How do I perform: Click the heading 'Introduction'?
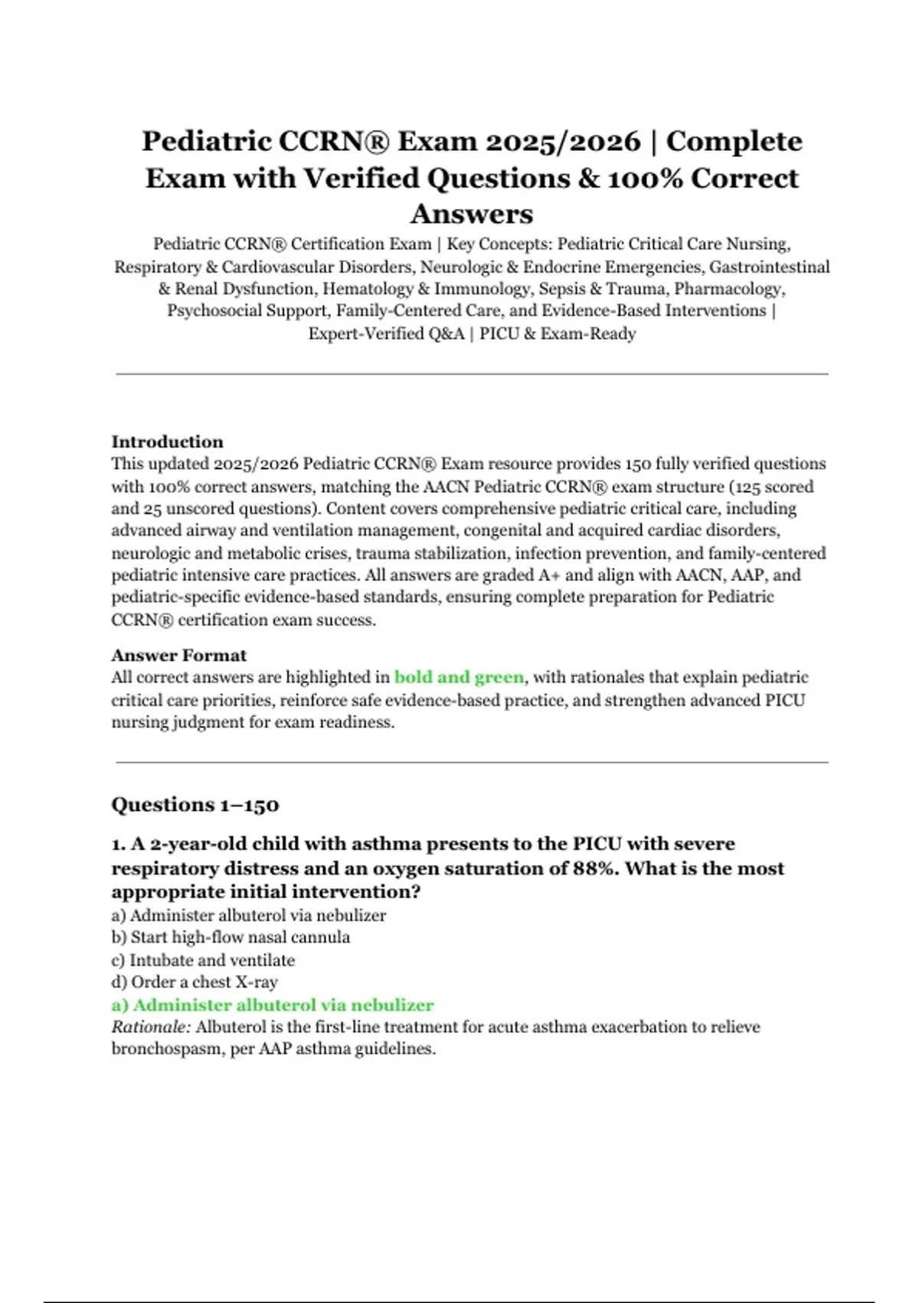pos(167,441)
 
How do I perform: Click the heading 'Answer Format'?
pos(178,655)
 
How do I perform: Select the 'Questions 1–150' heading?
pos(195,805)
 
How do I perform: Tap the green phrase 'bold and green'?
pos(459,678)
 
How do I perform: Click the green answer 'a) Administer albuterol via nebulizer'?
pos(273,1005)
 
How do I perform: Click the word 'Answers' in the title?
pos(472,214)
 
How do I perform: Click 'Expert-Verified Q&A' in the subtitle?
pos(386,334)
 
